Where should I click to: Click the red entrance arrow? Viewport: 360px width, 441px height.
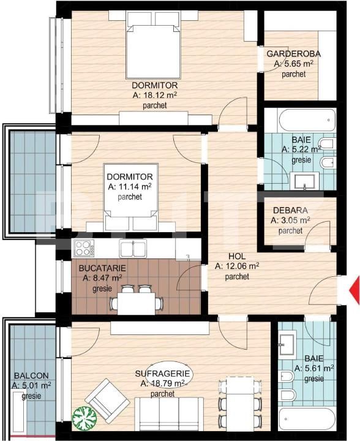(354, 290)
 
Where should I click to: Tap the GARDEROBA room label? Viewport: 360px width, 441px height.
(293, 54)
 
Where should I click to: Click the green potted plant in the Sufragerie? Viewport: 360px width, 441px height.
(84, 417)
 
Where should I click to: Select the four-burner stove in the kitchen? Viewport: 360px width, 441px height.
(84, 248)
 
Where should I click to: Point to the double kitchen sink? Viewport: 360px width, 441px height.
(133, 249)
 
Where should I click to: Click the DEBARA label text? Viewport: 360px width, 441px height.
(290, 210)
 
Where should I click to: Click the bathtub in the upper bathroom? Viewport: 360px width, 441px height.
(307, 120)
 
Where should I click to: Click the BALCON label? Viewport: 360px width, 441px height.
(31, 375)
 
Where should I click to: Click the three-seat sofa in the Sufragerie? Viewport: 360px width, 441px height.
(169, 413)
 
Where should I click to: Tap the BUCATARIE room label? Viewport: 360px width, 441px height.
(102, 268)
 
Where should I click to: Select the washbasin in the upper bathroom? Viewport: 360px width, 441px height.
(305, 181)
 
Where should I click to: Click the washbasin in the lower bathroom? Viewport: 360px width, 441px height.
(287, 344)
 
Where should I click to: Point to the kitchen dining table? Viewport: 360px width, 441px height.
(137, 303)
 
